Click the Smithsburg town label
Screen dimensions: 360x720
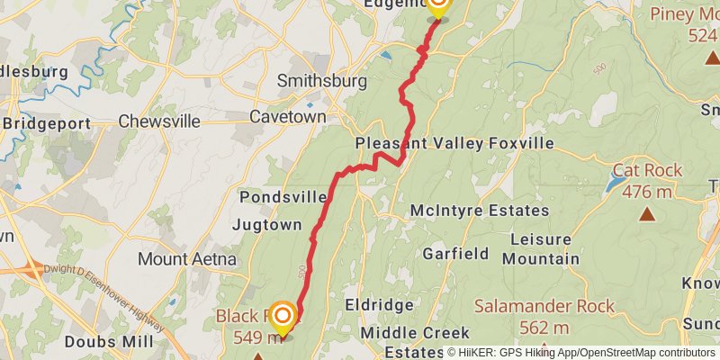(x=321, y=81)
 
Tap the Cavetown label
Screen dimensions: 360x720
(x=285, y=117)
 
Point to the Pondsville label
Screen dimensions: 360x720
(x=283, y=197)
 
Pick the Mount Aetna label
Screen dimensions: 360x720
(x=187, y=259)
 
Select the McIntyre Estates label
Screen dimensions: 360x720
(x=479, y=211)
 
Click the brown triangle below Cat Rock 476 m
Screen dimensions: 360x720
(x=647, y=213)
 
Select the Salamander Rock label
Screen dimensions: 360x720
(x=544, y=307)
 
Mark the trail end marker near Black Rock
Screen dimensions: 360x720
(x=283, y=316)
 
